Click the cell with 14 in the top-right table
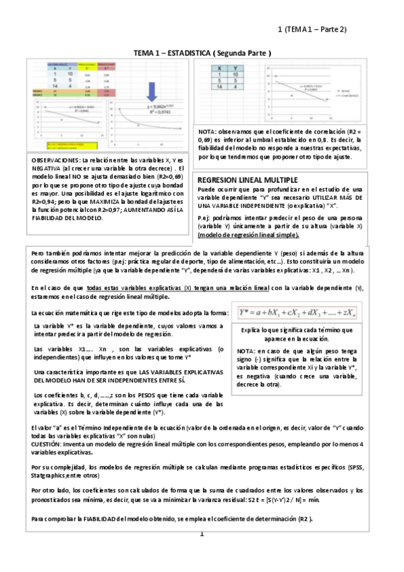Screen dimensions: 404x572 [x=218, y=87]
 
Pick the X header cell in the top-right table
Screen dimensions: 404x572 [x=218, y=67]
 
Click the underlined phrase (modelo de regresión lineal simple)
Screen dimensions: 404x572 [x=248, y=235]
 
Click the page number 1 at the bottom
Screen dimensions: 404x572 [x=201, y=535]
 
